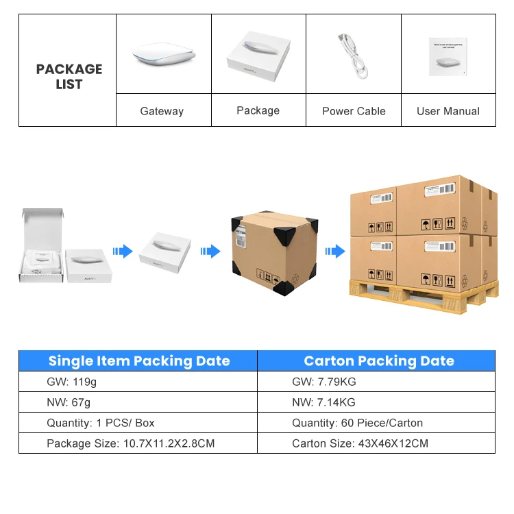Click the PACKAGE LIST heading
(69, 77)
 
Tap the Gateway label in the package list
(162, 111)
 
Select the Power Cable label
(354, 111)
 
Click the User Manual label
(448, 111)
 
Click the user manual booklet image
(448, 56)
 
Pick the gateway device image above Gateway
(162, 54)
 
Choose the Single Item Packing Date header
(139, 361)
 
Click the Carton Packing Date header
(378, 361)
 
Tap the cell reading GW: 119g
(66, 382)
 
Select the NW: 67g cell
(64, 402)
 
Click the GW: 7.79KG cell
(323, 382)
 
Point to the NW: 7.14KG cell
(323, 402)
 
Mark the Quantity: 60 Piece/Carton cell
(357, 423)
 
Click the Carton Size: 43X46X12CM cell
(360, 443)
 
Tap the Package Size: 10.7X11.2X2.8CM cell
(130, 443)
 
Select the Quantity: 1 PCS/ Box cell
(100, 423)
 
